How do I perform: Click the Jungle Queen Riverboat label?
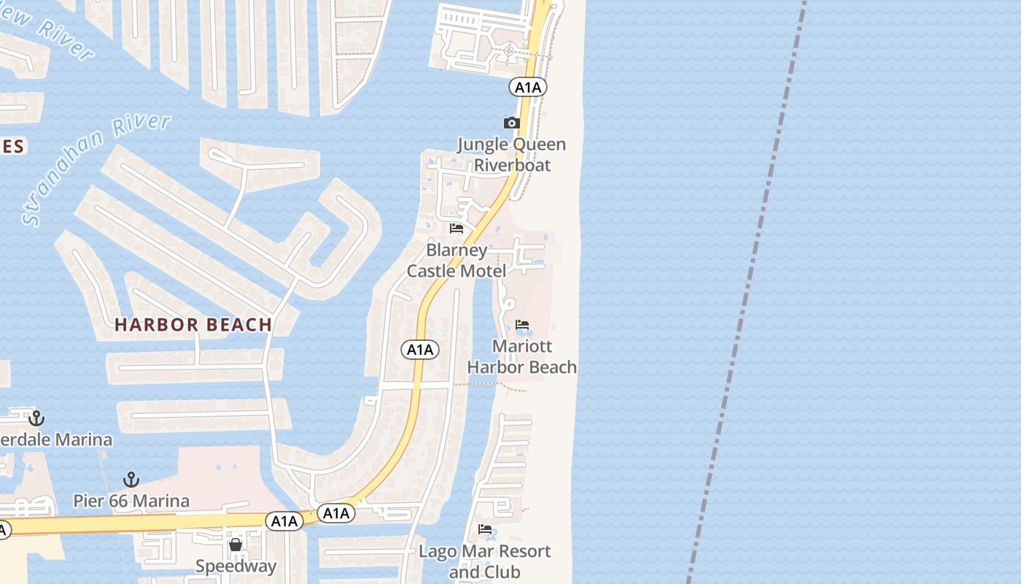click(512, 154)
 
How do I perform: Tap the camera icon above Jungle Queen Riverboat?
click(512, 123)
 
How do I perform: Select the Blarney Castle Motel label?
click(457, 261)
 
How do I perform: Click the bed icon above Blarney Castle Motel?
click(457, 228)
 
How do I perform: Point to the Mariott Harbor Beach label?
click(522, 356)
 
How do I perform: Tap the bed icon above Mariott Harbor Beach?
click(522, 325)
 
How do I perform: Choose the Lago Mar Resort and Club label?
click(484, 561)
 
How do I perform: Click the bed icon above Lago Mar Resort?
click(485, 529)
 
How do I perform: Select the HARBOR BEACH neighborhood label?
click(193, 325)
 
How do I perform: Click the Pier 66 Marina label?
click(131, 501)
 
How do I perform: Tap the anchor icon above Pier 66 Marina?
click(131, 480)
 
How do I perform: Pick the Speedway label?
click(236, 566)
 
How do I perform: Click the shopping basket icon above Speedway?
click(236, 545)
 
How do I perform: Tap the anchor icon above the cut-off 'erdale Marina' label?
click(36, 418)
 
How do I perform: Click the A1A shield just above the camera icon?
click(528, 88)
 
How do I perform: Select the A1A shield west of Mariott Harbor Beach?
click(420, 350)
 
